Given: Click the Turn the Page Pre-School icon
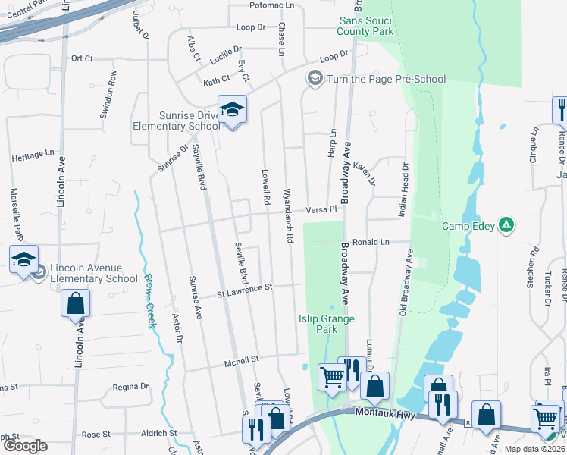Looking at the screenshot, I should point(315,78).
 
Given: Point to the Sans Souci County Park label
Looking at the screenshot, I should point(366,26).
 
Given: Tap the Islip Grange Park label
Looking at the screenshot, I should point(327,324).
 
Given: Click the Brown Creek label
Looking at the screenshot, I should point(149,300).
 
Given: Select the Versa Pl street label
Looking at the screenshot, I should point(321,210).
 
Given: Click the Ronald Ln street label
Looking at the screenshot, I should point(370,242).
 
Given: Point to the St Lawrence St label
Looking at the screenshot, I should point(244,288).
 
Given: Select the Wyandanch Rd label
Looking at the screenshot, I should point(289,215).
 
